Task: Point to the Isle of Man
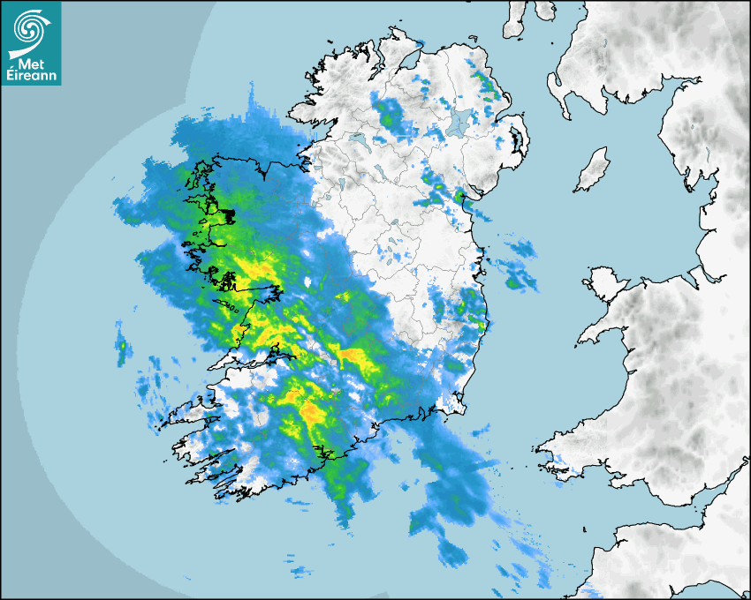592,170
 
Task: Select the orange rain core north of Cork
312,412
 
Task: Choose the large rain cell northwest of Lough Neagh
390,115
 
